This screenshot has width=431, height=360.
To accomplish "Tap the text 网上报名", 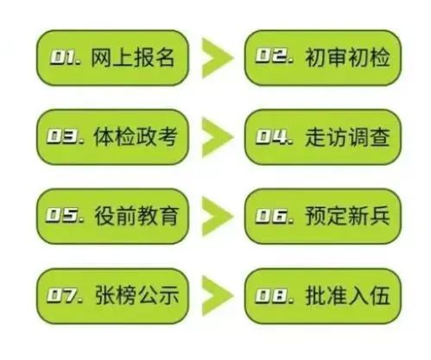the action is pos(133,58).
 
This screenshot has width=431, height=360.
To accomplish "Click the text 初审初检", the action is pos(347,58).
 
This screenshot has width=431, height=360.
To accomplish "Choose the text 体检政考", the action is pos(135,136).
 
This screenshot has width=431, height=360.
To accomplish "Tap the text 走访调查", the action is pos(347,136).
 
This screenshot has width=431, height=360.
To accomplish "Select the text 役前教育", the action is pos(136,216).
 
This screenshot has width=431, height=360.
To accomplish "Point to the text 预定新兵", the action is pos(347,216).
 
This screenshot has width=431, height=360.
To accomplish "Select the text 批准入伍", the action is pos(347,295).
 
